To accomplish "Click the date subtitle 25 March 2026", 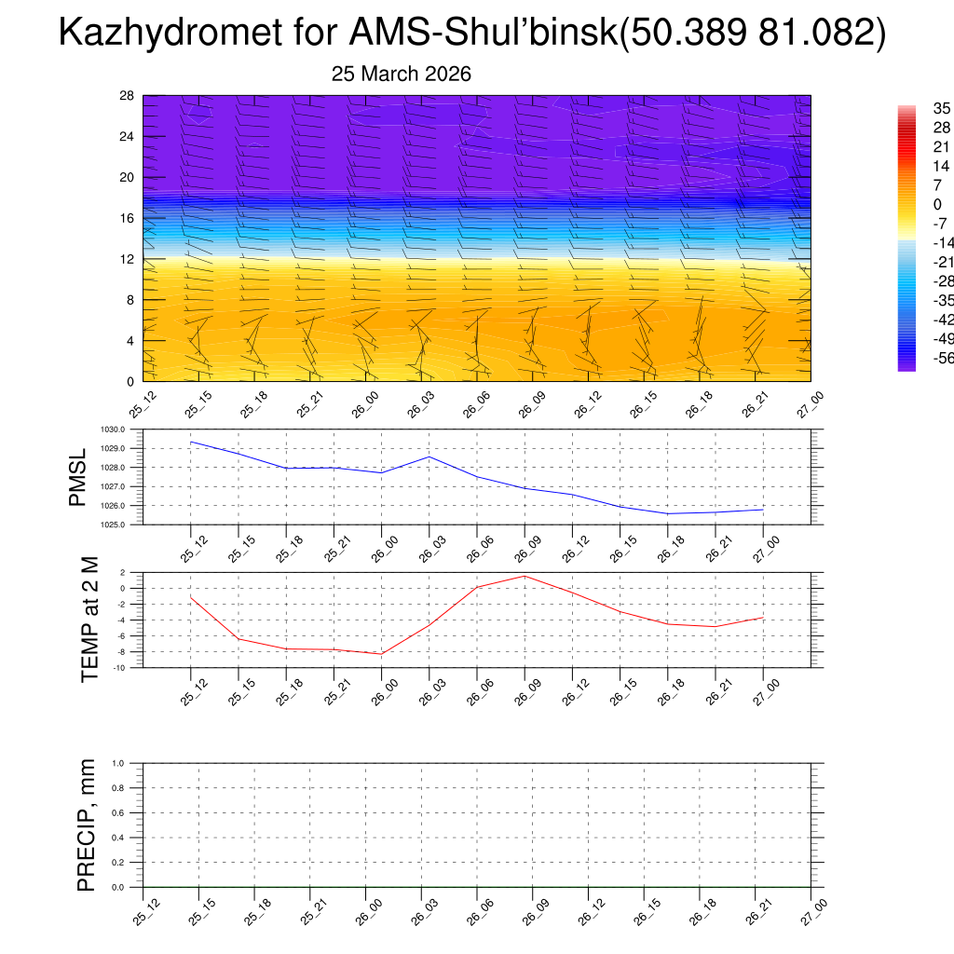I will [x=402, y=75].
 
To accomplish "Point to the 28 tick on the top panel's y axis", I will [x=128, y=96].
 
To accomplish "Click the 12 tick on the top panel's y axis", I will [x=128, y=259].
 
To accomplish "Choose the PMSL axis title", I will [x=77, y=477].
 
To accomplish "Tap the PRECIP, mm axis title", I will [x=86, y=825].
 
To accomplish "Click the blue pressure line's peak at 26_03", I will [x=429, y=457].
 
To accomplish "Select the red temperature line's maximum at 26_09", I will [x=525, y=576].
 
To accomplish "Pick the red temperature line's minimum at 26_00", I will [x=381, y=654].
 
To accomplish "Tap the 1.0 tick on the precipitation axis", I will [x=130, y=763].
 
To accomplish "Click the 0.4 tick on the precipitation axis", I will [x=130, y=838].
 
